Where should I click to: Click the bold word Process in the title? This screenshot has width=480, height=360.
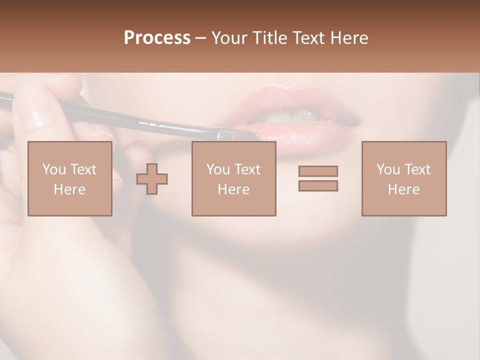(x=157, y=37)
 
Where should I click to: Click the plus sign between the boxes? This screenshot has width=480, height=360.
(x=152, y=179)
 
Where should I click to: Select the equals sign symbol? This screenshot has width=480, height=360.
(x=318, y=178)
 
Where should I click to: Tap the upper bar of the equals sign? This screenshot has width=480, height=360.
(x=318, y=171)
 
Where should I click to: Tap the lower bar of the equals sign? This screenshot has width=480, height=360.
(x=318, y=186)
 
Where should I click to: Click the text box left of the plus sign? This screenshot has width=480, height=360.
(x=69, y=178)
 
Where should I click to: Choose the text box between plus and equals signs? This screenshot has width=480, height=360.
(x=233, y=178)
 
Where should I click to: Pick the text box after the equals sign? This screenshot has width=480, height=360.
(x=403, y=178)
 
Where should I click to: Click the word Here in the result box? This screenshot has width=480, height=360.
(x=403, y=189)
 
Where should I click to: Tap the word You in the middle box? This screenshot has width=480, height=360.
(x=218, y=169)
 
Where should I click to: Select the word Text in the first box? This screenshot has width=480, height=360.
(x=83, y=169)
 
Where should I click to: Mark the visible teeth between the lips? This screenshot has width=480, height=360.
(x=285, y=116)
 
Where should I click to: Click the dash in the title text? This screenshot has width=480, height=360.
(x=200, y=38)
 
